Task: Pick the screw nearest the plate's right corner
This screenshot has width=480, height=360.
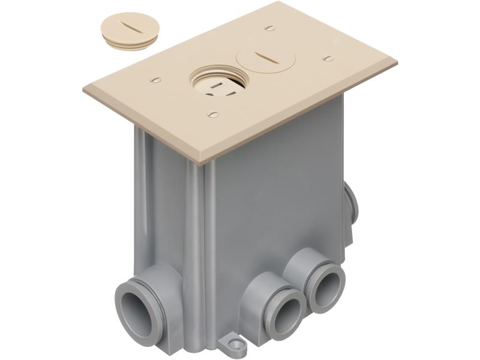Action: [x=328, y=58]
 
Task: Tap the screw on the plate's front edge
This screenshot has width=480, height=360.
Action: [x=212, y=113]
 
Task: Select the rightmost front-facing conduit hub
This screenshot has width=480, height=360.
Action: [x=326, y=286]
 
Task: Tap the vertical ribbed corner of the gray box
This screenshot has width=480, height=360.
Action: [x=198, y=240]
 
